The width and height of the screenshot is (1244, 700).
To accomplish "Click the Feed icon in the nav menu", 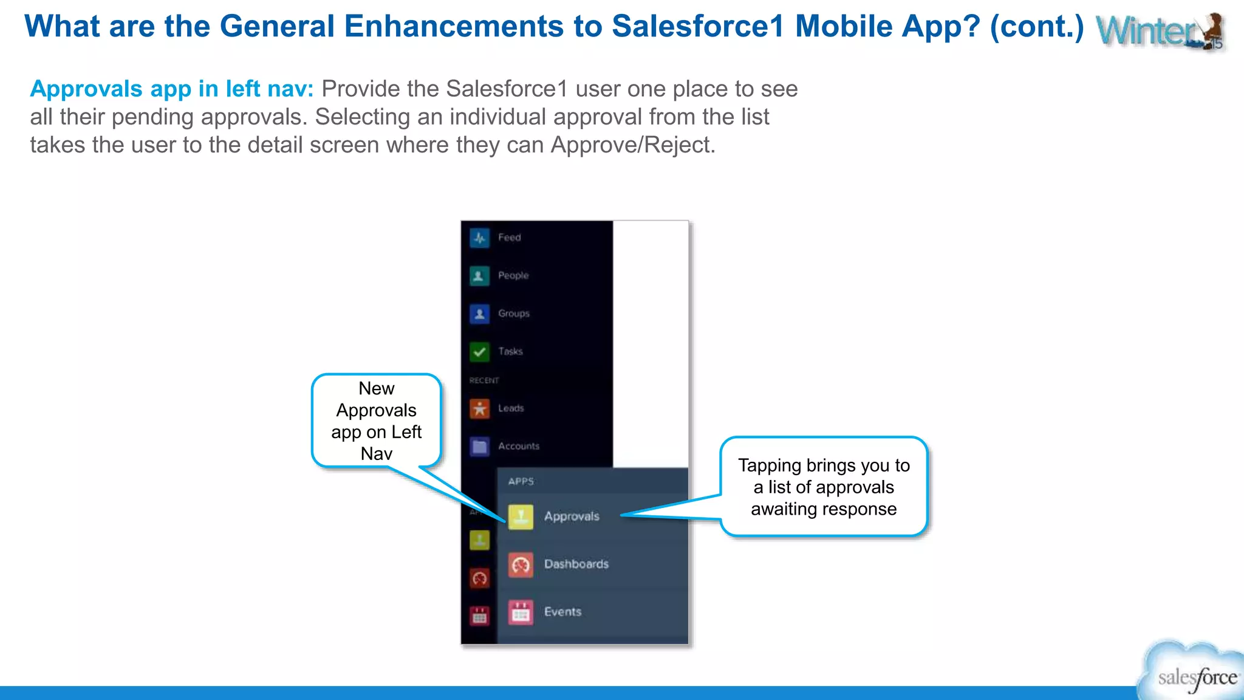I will (x=479, y=238).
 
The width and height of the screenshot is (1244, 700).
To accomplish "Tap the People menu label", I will (x=513, y=275).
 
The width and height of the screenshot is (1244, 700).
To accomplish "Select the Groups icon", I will (x=479, y=314).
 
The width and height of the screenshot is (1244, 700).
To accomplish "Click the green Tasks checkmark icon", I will (x=479, y=351).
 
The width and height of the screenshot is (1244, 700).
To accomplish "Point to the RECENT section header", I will (x=484, y=380).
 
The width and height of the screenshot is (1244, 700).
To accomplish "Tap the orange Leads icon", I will (x=479, y=408).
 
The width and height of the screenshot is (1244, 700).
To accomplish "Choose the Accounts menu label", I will (x=519, y=446).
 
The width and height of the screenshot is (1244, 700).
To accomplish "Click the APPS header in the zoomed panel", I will (x=521, y=481).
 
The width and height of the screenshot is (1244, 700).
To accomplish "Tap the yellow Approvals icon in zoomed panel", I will (x=521, y=516).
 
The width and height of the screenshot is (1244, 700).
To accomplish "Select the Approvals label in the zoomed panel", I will (x=572, y=516).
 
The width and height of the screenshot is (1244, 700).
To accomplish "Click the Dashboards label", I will (x=576, y=564).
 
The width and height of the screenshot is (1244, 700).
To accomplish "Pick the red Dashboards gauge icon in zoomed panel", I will (x=521, y=564).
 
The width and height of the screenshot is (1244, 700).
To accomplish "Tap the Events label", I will (x=562, y=612).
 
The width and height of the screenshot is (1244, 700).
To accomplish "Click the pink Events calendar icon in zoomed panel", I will (x=521, y=612).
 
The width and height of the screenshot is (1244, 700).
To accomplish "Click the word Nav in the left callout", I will (x=376, y=454).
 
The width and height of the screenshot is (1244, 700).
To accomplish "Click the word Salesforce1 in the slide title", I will (x=698, y=26).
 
